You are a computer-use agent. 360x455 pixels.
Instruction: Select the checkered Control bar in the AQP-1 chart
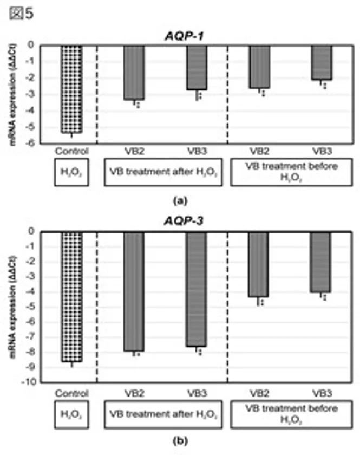point(71,89)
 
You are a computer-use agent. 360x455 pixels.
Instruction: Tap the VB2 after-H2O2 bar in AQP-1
point(134,73)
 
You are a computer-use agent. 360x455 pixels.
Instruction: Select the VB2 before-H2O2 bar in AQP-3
point(258,264)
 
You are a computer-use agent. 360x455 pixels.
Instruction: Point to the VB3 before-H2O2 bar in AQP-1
point(322,62)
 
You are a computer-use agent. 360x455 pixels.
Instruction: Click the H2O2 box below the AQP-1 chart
point(70,174)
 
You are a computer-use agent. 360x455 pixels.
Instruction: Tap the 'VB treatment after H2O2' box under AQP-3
point(162,414)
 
